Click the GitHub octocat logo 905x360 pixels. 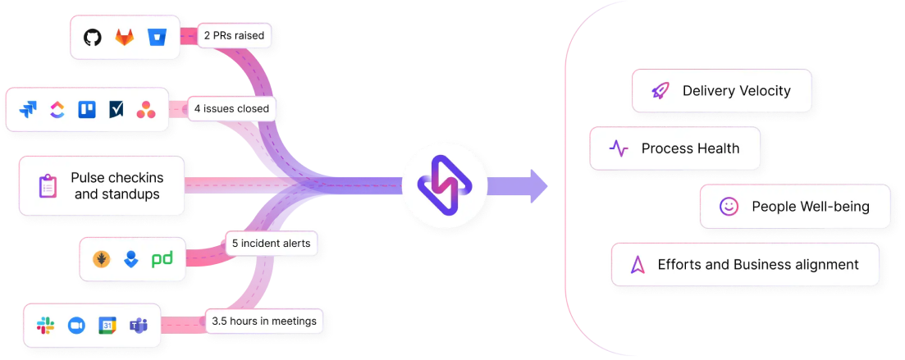click(x=93, y=38)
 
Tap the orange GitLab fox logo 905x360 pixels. click(x=125, y=38)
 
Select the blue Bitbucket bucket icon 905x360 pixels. click(x=157, y=38)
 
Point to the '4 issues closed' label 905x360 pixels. click(x=231, y=107)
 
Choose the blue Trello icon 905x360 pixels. click(x=87, y=110)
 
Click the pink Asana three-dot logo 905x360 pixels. click(x=146, y=110)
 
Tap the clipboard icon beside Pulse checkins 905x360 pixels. click(x=48, y=186)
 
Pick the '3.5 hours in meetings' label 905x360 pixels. click(x=263, y=321)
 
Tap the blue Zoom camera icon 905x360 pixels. click(x=77, y=326)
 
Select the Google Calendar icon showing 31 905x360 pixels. click(x=107, y=326)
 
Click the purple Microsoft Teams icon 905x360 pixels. click(x=138, y=326)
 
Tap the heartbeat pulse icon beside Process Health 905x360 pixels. click(x=618, y=148)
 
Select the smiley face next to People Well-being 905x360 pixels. click(x=729, y=207)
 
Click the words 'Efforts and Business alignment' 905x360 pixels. click(x=758, y=264)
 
